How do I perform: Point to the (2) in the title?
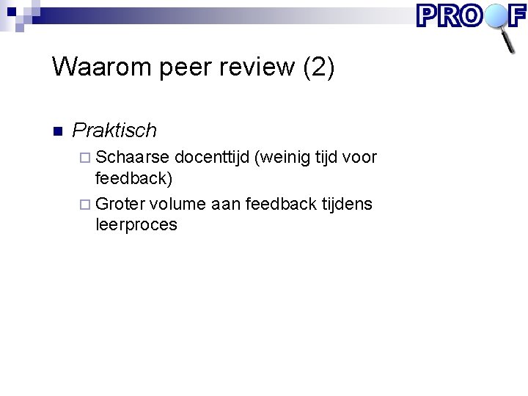(318, 67)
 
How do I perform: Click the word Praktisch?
(114, 131)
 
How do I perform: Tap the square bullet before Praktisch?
(58, 131)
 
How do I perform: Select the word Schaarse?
(133, 157)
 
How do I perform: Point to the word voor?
(359, 157)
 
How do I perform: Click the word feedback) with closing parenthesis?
(134, 178)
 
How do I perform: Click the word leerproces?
(136, 224)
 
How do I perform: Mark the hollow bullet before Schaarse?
(87, 158)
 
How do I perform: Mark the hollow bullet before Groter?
(87, 204)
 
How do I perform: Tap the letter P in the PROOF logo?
(428, 15)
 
